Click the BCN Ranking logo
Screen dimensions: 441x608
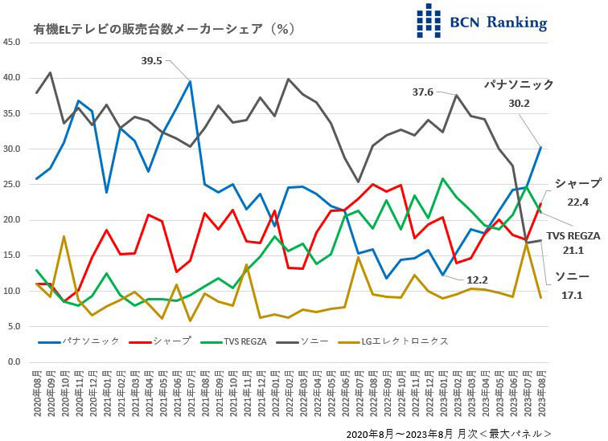[481, 22]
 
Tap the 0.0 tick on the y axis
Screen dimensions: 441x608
[15, 362]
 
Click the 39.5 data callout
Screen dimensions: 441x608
[151, 61]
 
